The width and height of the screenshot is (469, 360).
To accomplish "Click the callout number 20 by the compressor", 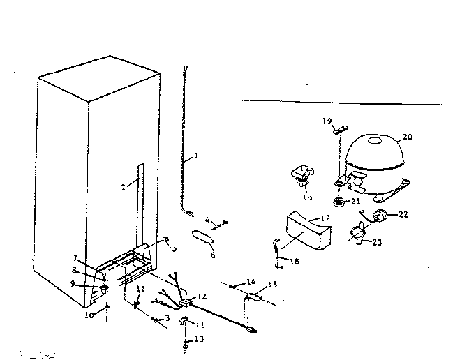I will tap(408, 137).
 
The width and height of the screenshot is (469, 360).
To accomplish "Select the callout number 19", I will tap(327, 121).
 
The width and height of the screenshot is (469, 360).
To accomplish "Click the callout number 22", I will tap(403, 214).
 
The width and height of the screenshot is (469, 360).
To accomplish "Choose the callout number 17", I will tap(324, 218).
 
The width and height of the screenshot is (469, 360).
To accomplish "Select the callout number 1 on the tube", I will tap(196, 156).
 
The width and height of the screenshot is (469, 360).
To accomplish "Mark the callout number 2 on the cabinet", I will tap(123, 187).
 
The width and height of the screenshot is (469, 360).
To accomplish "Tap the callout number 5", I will tap(174, 248).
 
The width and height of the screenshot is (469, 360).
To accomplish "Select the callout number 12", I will tap(202, 297).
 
